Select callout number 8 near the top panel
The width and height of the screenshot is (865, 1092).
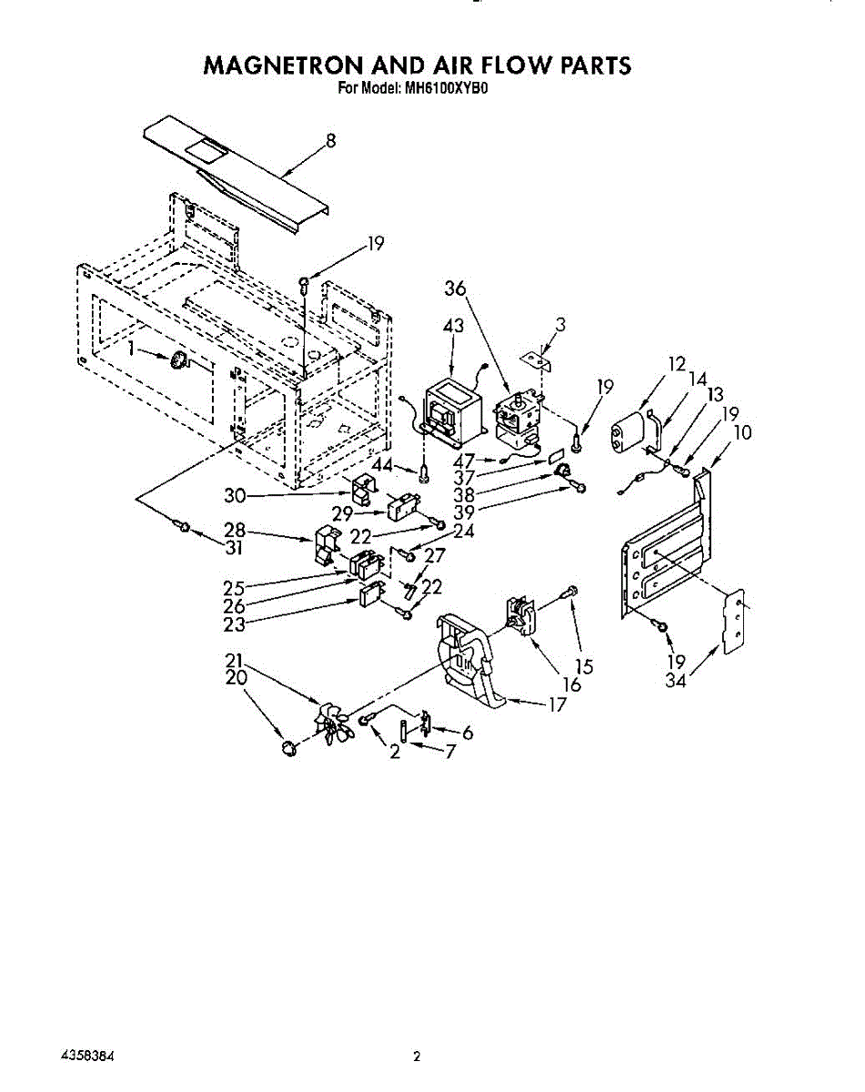click(x=330, y=140)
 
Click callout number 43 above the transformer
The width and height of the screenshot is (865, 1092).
click(x=453, y=326)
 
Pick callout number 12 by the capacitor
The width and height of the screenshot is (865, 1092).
click(x=676, y=365)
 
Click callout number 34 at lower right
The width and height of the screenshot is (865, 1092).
click(x=675, y=680)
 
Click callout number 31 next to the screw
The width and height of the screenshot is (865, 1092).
click(x=235, y=549)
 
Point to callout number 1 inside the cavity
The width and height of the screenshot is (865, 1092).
click(x=134, y=349)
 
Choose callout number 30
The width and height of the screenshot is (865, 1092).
click(x=235, y=496)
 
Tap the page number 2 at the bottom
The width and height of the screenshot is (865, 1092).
click(x=417, y=1057)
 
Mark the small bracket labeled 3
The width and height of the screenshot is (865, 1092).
click(x=537, y=359)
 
